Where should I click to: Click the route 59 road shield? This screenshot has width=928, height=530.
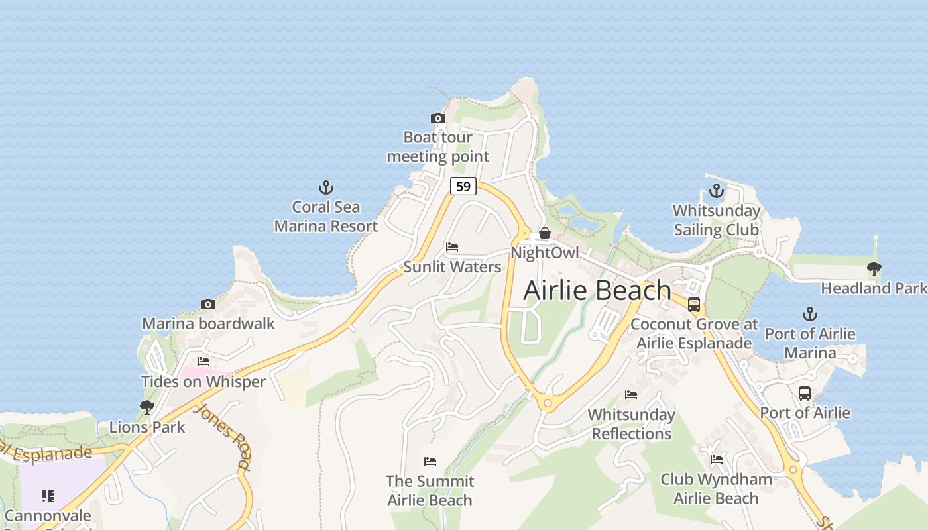coord(463,186)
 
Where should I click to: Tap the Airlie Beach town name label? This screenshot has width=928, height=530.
coord(597,290)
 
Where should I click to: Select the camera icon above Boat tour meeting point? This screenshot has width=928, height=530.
coord(437,119)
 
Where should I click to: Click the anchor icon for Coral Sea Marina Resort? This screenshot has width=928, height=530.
coord(325,187)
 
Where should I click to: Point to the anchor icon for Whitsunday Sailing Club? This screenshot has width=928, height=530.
coord(716,191)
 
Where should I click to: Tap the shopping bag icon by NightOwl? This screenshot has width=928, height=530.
coord(544,233)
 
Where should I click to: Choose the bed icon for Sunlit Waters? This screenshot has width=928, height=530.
coord(452,247)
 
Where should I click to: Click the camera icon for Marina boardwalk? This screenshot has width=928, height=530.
coord(208,304)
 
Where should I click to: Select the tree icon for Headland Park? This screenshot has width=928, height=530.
coord(874,269)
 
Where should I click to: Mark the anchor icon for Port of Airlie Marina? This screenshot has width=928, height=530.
coord(809,314)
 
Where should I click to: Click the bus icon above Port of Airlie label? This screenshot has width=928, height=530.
coord(805,394)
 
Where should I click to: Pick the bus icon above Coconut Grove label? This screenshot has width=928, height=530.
coord(694,305)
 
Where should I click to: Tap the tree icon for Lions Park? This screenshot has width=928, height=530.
coord(147,407)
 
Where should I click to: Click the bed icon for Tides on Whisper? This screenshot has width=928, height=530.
coord(203,362)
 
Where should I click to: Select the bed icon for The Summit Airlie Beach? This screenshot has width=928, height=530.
coord(430,461)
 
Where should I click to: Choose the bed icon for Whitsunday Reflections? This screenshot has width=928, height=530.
coord(631,395)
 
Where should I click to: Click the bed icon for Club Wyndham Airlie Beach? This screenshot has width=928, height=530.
coord(716,459)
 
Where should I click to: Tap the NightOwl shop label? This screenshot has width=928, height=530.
coord(544,253)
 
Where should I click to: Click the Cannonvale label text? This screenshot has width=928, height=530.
coord(48,515)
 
